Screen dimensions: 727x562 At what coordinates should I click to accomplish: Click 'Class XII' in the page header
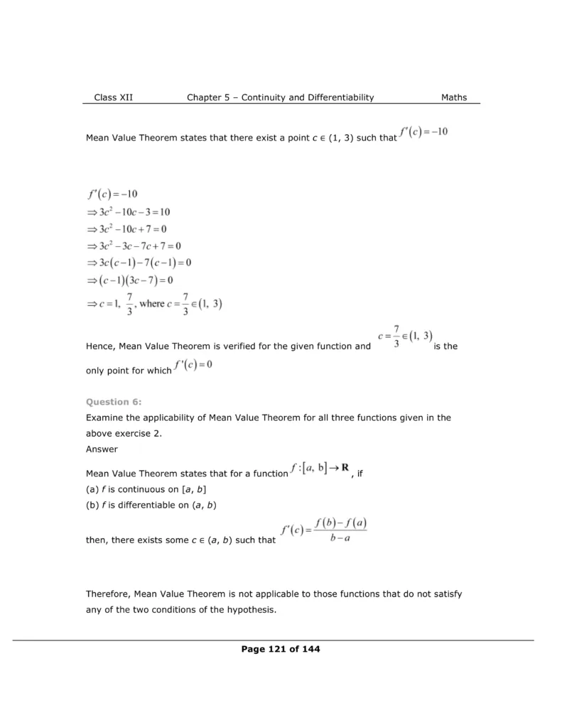tap(113, 97)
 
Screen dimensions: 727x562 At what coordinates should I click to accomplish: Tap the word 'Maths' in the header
tap(454, 97)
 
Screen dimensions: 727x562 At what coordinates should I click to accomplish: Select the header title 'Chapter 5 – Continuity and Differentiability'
tap(280, 97)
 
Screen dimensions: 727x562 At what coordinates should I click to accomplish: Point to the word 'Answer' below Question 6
tap(102, 449)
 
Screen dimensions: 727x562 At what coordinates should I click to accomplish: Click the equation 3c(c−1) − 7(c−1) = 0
tap(139, 263)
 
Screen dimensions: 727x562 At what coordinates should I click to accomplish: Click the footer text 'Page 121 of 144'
tap(281, 649)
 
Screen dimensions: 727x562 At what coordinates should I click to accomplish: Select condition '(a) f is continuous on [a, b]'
tap(146, 490)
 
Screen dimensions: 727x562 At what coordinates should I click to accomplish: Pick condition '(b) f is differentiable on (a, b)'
tap(151, 505)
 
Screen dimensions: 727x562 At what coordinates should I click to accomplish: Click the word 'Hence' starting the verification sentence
tap(99, 346)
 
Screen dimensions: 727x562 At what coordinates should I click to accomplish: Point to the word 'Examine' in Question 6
tap(105, 417)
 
